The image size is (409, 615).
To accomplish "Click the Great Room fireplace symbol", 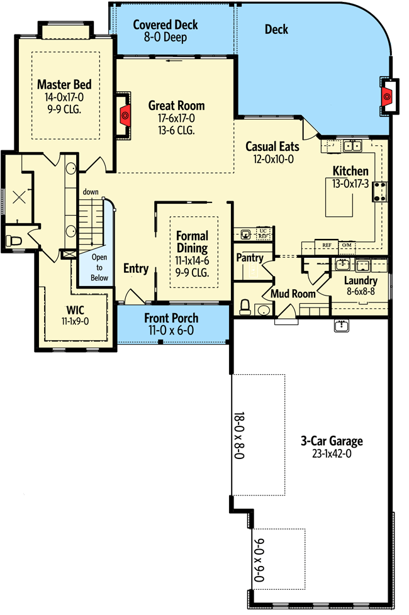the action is [125, 115].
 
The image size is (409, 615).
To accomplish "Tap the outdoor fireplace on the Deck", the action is [387, 96].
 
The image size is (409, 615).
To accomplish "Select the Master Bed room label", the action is [64, 84].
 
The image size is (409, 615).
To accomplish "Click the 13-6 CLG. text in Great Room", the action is [177, 130].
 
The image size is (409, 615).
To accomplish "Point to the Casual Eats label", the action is [272, 147].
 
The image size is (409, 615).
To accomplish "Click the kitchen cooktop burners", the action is [380, 192].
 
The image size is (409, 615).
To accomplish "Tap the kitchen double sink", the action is [352, 146].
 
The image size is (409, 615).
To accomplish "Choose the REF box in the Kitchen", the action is [327, 245].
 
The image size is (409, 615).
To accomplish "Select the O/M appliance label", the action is [347, 245].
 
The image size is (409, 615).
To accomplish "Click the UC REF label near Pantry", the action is [263, 234].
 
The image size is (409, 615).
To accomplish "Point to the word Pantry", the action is [250, 258].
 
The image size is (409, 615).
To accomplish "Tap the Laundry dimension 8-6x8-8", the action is [361, 291].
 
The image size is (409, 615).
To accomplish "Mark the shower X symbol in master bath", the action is [19, 197].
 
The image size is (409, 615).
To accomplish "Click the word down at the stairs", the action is [91, 192].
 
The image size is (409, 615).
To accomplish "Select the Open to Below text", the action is [99, 267].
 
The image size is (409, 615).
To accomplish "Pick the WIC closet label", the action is [75, 310].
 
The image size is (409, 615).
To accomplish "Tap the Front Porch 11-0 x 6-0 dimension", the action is [171, 331].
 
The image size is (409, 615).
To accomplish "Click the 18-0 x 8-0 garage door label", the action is [239, 435].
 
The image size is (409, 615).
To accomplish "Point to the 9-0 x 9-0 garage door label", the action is [259, 560].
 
